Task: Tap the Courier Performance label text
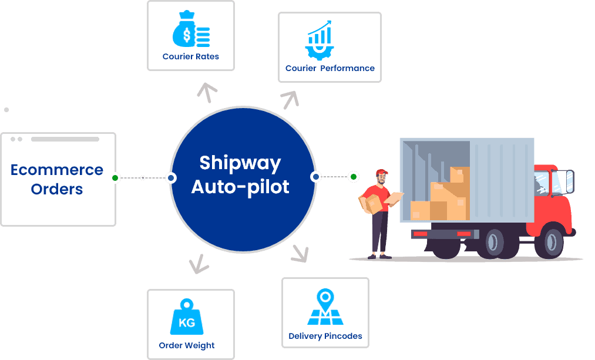click(330, 68)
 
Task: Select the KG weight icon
click(187, 318)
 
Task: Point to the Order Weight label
click(187, 345)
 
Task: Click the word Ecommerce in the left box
click(57, 170)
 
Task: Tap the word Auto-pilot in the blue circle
click(240, 187)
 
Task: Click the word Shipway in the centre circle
click(240, 162)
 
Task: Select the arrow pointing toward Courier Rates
click(207, 92)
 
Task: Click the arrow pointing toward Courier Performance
click(290, 99)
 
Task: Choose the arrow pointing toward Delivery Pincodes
click(300, 253)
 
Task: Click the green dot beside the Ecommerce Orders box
click(116, 177)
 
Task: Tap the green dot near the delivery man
click(353, 176)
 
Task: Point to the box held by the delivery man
click(369, 203)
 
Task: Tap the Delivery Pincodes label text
click(325, 337)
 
